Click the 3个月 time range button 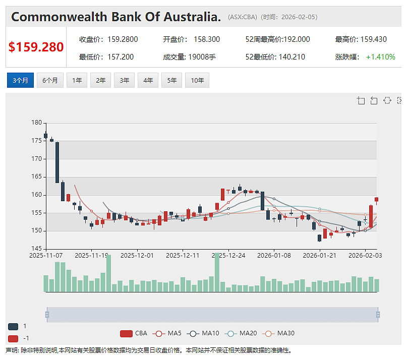coord(20,80)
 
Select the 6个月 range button coord(50,80)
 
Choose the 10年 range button coord(197,80)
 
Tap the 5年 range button coord(172,80)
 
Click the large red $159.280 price coord(36,47)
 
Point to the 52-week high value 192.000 coord(297,39)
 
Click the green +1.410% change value coord(380,56)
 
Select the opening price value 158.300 coord(207,39)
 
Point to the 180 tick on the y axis coord(36,123)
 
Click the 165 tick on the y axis coord(36,176)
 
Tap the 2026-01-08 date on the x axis coord(274,256)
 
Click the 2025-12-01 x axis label coord(137,256)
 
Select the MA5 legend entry coord(167,333)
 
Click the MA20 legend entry coord(241,333)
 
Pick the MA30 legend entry coord(278,333)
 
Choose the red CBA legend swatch coord(126,333)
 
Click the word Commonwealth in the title coord(60,17)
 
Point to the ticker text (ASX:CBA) coord(243,17)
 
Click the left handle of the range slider coord(47,315)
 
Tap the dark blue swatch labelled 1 coord(13,326)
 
